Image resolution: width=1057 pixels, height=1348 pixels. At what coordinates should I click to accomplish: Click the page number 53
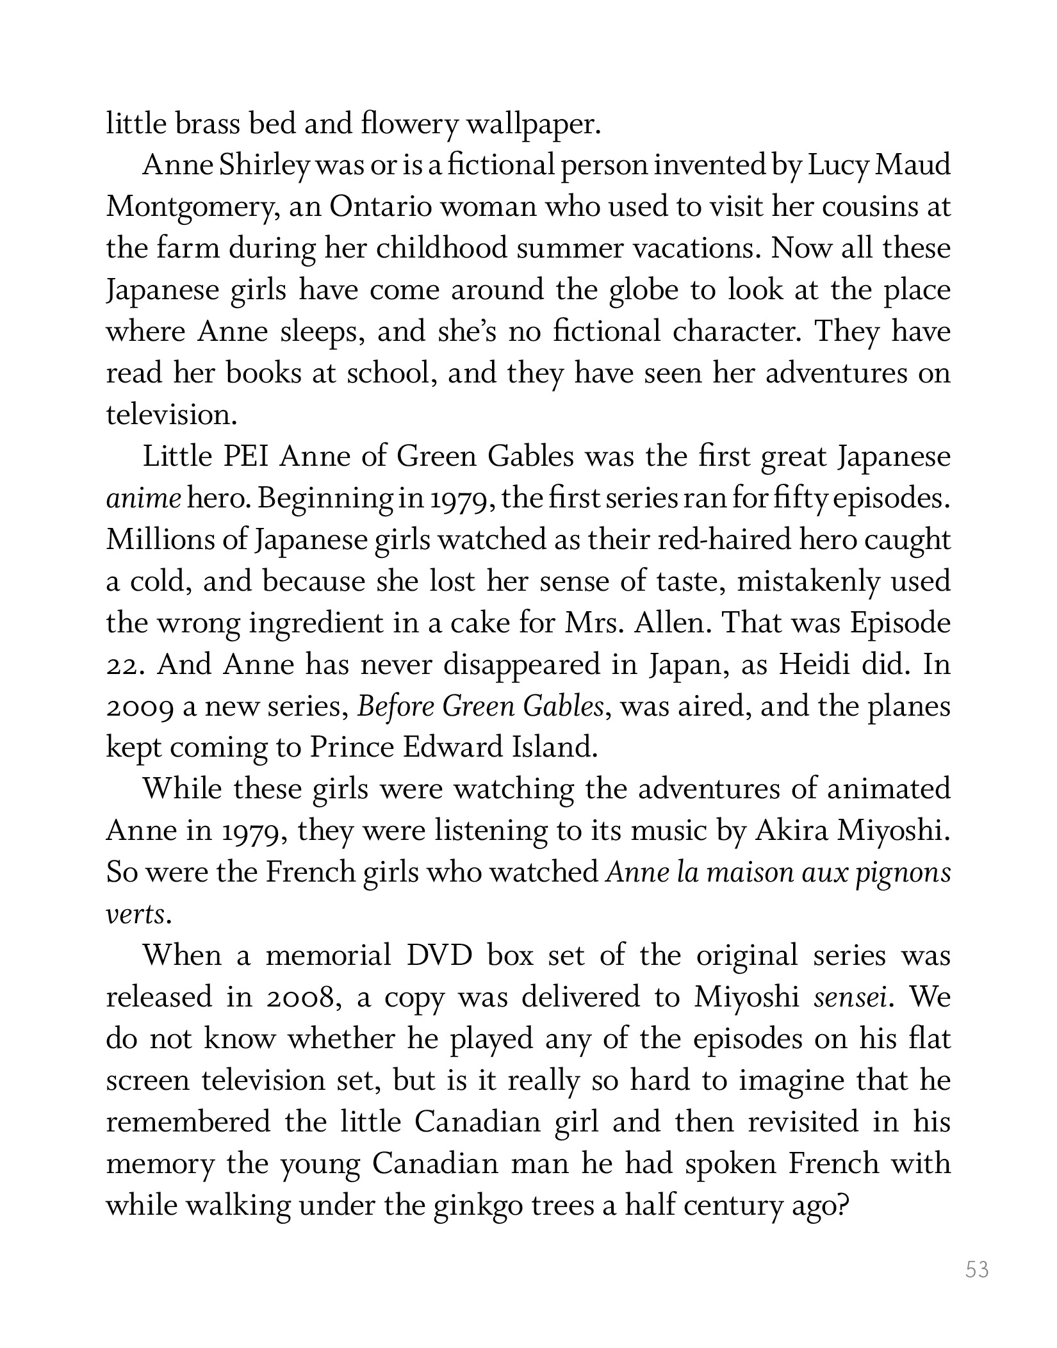coord(977,1270)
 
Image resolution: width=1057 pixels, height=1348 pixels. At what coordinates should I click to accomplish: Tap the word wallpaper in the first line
coord(533,125)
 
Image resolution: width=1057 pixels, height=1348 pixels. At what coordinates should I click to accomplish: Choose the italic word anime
coord(143,499)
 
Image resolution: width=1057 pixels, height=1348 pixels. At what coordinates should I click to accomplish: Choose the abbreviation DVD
coord(439,956)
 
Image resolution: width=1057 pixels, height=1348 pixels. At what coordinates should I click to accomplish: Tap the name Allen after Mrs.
coord(669,623)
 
